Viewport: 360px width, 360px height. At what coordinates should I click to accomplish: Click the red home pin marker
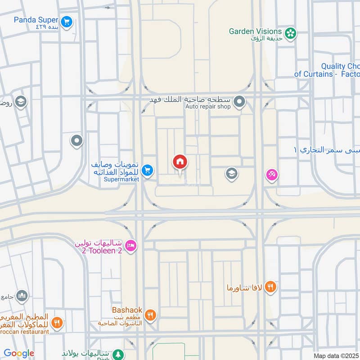point(180,162)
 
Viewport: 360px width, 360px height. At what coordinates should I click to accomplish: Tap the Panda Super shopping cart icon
point(67,21)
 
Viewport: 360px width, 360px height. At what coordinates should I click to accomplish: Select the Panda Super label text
point(36,20)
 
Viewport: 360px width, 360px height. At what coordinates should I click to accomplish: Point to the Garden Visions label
point(255,31)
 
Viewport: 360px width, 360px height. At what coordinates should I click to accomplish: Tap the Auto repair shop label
point(208,107)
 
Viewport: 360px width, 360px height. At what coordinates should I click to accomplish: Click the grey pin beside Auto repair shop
point(240,102)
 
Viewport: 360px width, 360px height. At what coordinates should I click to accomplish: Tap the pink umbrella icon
point(271,174)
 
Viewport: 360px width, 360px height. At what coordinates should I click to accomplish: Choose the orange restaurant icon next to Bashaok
point(150,315)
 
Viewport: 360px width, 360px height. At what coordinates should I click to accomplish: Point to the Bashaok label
point(127,310)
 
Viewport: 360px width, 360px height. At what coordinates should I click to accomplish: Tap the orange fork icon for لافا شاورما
point(270,287)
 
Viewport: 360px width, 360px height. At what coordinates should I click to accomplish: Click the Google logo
point(19,353)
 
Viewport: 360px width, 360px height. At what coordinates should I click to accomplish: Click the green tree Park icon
point(118,354)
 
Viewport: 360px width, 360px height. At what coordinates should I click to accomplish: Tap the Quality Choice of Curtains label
point(327,70)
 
